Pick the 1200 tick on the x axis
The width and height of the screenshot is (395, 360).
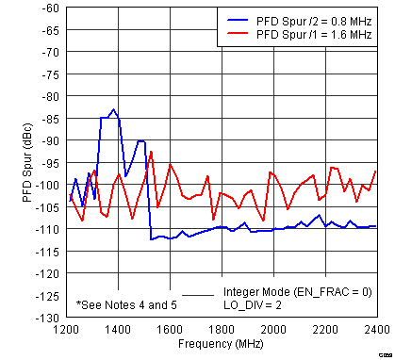coord(66,331)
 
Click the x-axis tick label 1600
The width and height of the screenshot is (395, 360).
coord(170,331)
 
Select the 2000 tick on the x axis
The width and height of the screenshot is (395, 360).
coord(273,331)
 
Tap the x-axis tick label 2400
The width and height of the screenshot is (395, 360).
coord(376,331)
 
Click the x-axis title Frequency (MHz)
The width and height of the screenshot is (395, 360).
coord(221,346)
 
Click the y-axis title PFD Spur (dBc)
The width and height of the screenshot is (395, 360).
coord(12,162)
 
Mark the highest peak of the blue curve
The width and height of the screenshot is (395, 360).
coord(114,109)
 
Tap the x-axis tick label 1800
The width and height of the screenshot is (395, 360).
coord(222,331)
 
